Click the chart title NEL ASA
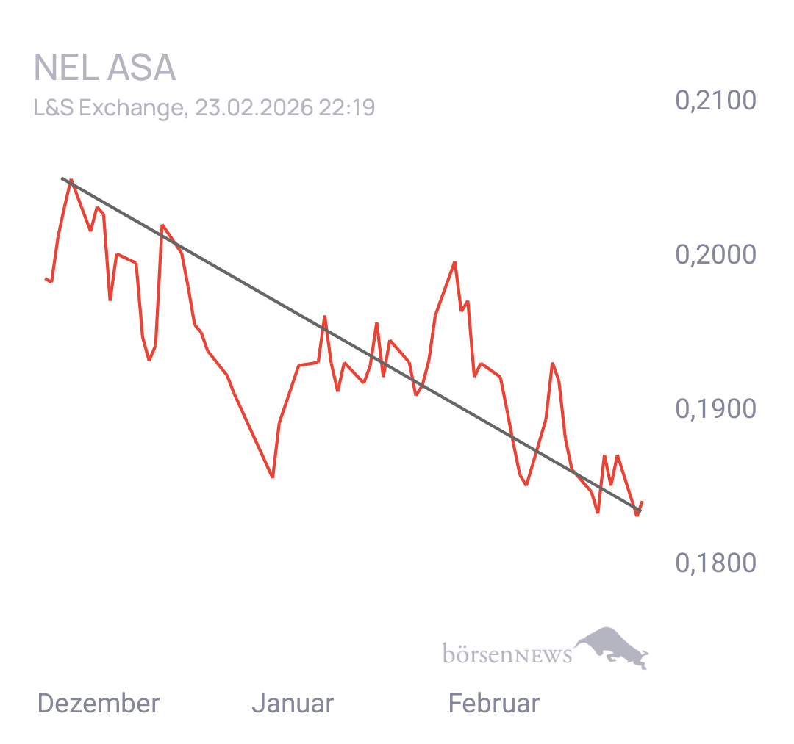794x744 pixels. coord(104,68)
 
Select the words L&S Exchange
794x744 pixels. coord(108,108)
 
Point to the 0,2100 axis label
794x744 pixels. coord(715,101)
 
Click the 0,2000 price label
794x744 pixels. coord(715,255)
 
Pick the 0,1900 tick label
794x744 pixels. coord(715,409)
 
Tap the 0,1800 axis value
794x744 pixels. coord(715,563)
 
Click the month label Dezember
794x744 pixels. coord(98,704)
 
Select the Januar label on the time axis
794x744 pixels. coord(293,704)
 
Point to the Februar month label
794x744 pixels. coord(493,704)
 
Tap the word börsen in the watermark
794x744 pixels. coord(476,654)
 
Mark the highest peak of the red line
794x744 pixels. coord(71,179)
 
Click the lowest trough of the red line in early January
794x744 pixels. coord(273,477)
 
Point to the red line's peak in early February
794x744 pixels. coord(455,261)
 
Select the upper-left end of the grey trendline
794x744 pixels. coord(62,178)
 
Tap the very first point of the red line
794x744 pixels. coord(46,278)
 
